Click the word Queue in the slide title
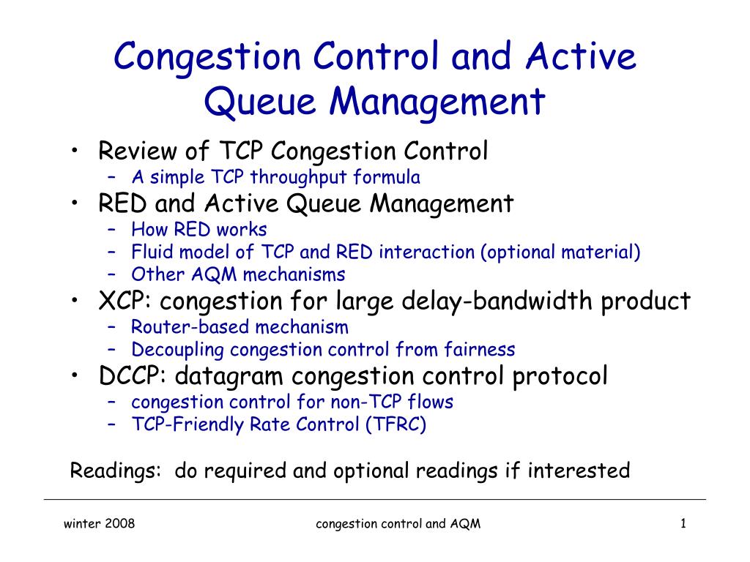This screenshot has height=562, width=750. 260,102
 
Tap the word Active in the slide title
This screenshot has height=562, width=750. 581,56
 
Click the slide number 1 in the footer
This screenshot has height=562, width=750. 683,524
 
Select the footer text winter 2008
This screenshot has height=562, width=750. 99,524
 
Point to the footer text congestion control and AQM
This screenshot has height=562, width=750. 398,524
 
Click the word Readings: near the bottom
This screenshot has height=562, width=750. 115,471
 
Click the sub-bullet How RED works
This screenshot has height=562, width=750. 199,229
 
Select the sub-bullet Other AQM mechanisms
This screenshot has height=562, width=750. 238,275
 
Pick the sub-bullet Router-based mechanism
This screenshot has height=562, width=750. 240,327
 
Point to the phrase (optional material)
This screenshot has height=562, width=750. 560,252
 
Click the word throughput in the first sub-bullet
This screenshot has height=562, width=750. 298,177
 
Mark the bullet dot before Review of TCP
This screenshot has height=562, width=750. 75,150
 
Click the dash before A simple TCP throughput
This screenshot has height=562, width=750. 112,177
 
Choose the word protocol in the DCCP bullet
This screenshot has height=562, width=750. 560,376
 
